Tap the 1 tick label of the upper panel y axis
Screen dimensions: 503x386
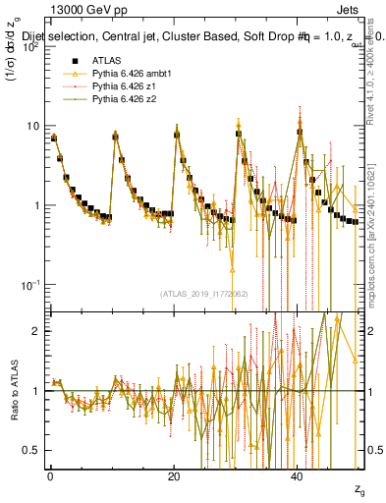(36, 205)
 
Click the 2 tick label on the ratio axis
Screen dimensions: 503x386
(36, 331)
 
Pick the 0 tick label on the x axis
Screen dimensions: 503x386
(50, 475)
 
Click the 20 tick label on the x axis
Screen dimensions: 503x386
(174, 475)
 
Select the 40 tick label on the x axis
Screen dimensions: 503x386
(298, 475)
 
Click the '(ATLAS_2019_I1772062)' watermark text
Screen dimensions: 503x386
(205, 293)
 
